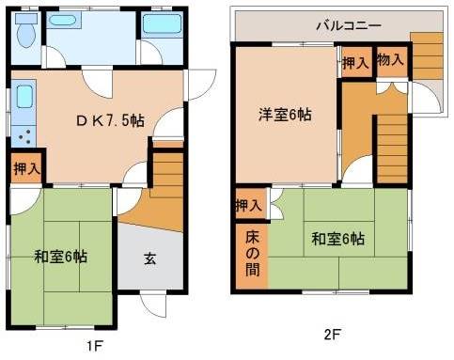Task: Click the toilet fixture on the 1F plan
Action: pyautogui.click(x=26, y=35)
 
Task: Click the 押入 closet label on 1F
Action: pyautogui.click(x=26, y=169)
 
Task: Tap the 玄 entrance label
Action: pyautogui.click(x=150, y=258)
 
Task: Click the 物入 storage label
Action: pyautogui.click(x=390, y=59)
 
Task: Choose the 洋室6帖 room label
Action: pyautogui.click(x=285, y=115)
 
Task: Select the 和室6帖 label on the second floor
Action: pyautogui.click(x=338, y=239)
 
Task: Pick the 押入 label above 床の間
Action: pyautogui.click(x=249, y=205)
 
